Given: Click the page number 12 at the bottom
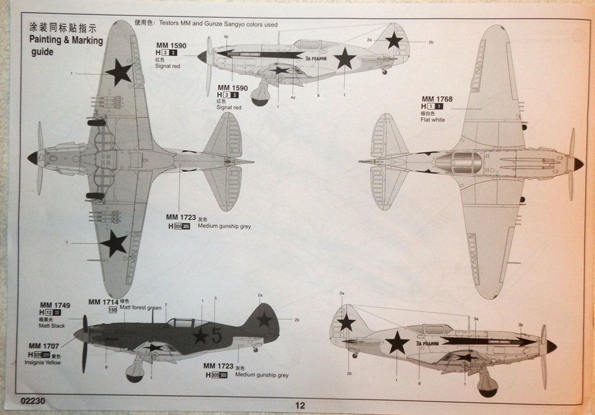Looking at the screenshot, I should (x=300, y=406).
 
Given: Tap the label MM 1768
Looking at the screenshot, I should (x=437, y=99).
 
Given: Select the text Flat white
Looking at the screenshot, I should (x=433, y=120).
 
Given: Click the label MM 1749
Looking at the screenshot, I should (x=55, y=305).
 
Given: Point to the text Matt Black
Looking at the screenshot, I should (x=52, y=326).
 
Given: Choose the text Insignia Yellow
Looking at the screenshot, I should (x=42, y=362).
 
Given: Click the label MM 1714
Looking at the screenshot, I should (x=103, y=302).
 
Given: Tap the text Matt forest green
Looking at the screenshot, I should (x=140, y=308).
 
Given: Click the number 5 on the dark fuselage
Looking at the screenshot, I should (x=216, y=335).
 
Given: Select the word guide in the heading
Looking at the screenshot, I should (x=42, y=52).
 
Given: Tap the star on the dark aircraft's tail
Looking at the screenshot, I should (x=264, y=319).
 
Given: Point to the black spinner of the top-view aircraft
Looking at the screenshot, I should (x=32, y=157).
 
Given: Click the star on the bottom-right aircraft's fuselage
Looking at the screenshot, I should (x=397, y=342).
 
